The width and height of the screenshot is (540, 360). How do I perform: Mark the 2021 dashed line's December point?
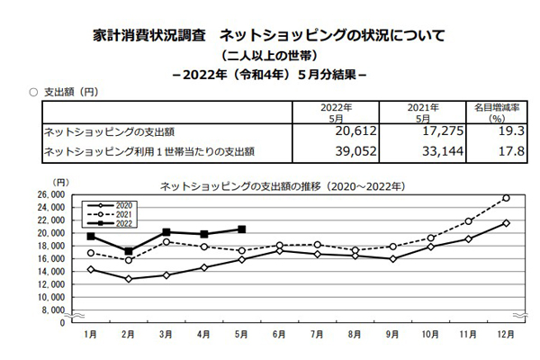(506, 198)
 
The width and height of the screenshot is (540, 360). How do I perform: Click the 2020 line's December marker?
(506, 223)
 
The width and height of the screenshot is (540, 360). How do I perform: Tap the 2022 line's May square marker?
(241, 229)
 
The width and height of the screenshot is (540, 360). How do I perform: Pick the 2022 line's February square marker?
(129, 251)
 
